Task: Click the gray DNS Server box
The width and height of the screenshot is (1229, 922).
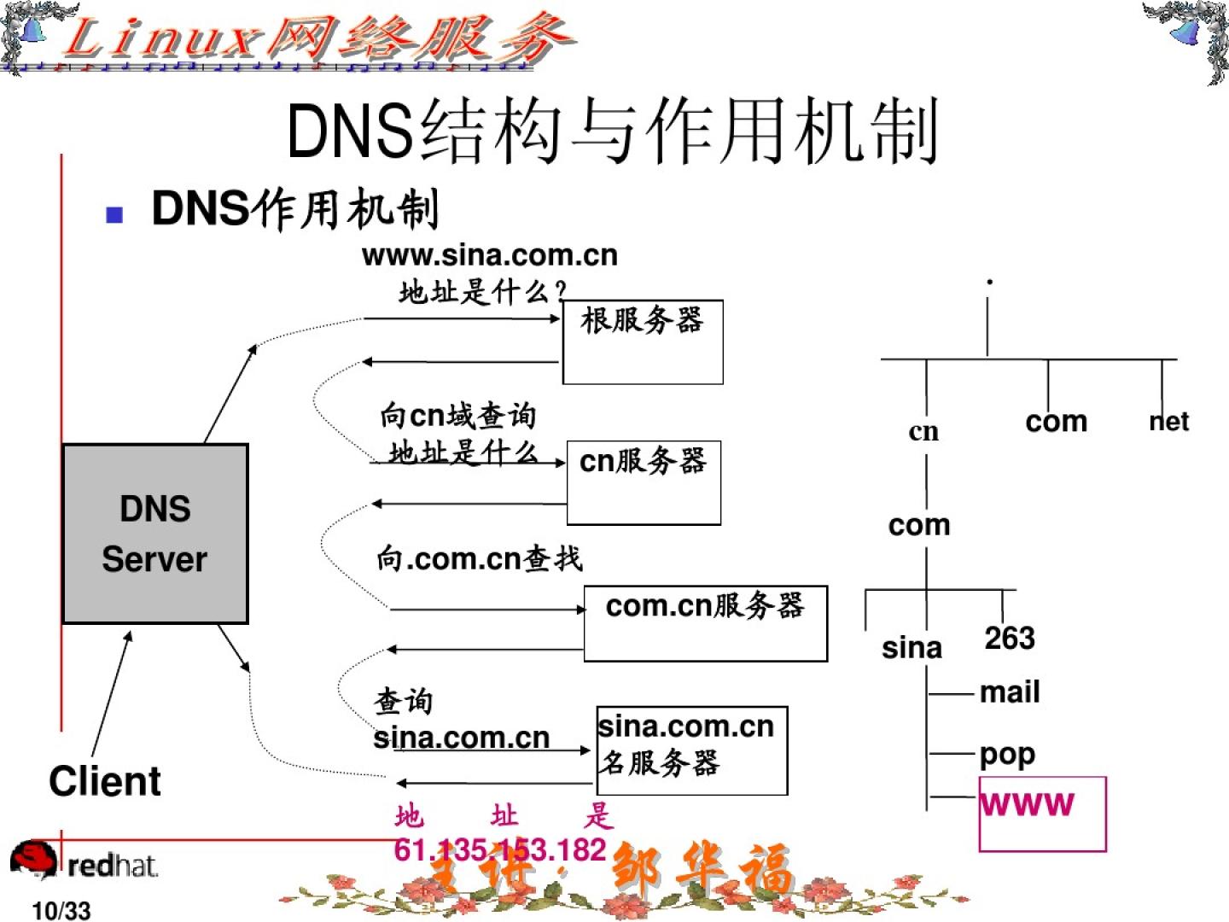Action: pyautogui.click(x=155, y=534)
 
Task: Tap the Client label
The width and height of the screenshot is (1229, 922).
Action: pyautogui.click(x=104, y=781)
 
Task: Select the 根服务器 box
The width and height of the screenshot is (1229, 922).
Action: pyautogui.click(x=643, y=341)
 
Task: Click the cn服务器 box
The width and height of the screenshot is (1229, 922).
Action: pyautogui.click(x=644, y=482)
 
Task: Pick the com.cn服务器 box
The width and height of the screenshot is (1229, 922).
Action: pyautogui.click(x=705, y=623)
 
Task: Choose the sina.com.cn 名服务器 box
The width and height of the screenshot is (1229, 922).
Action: pyautogui.click(x=691, y=750)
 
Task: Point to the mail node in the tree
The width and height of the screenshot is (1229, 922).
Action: pyautogui.click(x=1010, y=692)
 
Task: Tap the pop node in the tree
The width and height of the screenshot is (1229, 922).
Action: pyautogui.click(x=1007, y=755)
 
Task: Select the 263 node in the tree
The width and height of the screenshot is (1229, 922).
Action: pyautogui.click(x=1010, y=638)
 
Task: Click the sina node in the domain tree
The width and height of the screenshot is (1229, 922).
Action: pyautogui.click(x=912, y=648)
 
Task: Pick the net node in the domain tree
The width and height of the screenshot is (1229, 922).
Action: pyautogui.click(x=1168, y=422)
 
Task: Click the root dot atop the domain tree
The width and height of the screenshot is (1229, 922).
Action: pyautogui.click(x=989, y=282)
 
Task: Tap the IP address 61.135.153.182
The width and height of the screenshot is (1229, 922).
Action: pyautogui.click(x=500, y=849)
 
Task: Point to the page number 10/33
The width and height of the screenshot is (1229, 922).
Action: pyautogui.click(x=61, y=911)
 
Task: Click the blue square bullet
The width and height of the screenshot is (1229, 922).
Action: pyautogui.click(x=114, y=214)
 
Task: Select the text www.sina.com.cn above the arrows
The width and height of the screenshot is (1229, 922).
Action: pyautogui.click(x=489, y=255)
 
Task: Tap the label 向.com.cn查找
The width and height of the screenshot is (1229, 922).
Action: pyautogui.click(x=480, y=558)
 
